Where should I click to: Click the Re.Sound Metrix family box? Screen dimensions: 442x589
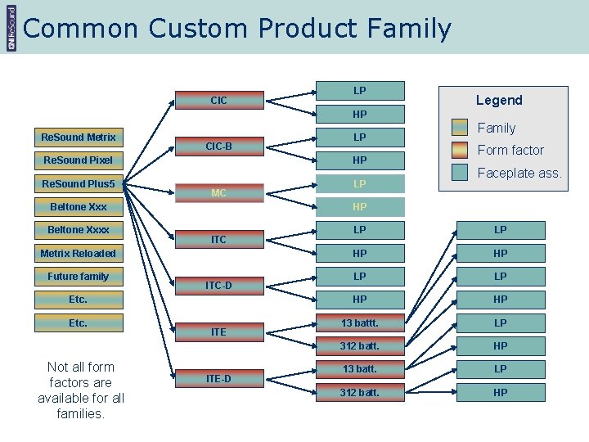pos(79,137)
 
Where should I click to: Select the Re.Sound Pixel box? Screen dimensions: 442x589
pos(79,160)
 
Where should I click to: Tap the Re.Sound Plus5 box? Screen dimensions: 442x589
pos(79,183)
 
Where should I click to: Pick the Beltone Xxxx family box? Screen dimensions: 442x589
pos(79,229)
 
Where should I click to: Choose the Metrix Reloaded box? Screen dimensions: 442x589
pos(79,253)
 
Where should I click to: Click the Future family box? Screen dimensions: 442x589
pos(79,276)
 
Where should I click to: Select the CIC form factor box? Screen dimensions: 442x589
pos(218,101)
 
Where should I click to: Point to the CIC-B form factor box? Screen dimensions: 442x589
pos(218,147)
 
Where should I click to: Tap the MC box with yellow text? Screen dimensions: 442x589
pos(218,193)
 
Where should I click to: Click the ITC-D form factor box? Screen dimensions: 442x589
pos(218,286)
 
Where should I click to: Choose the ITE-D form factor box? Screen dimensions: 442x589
pos(218,378)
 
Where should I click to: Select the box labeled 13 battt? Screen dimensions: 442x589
pos(360,322)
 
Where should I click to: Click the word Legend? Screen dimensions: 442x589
pos(499,100)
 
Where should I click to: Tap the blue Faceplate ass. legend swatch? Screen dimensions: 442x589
pos(461,172)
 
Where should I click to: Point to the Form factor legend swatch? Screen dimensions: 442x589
pos(461,149)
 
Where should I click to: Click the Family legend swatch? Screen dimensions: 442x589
pos(461,127)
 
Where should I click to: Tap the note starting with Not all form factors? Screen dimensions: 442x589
pos(81,390)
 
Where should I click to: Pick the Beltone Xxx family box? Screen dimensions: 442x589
pos(79,206)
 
